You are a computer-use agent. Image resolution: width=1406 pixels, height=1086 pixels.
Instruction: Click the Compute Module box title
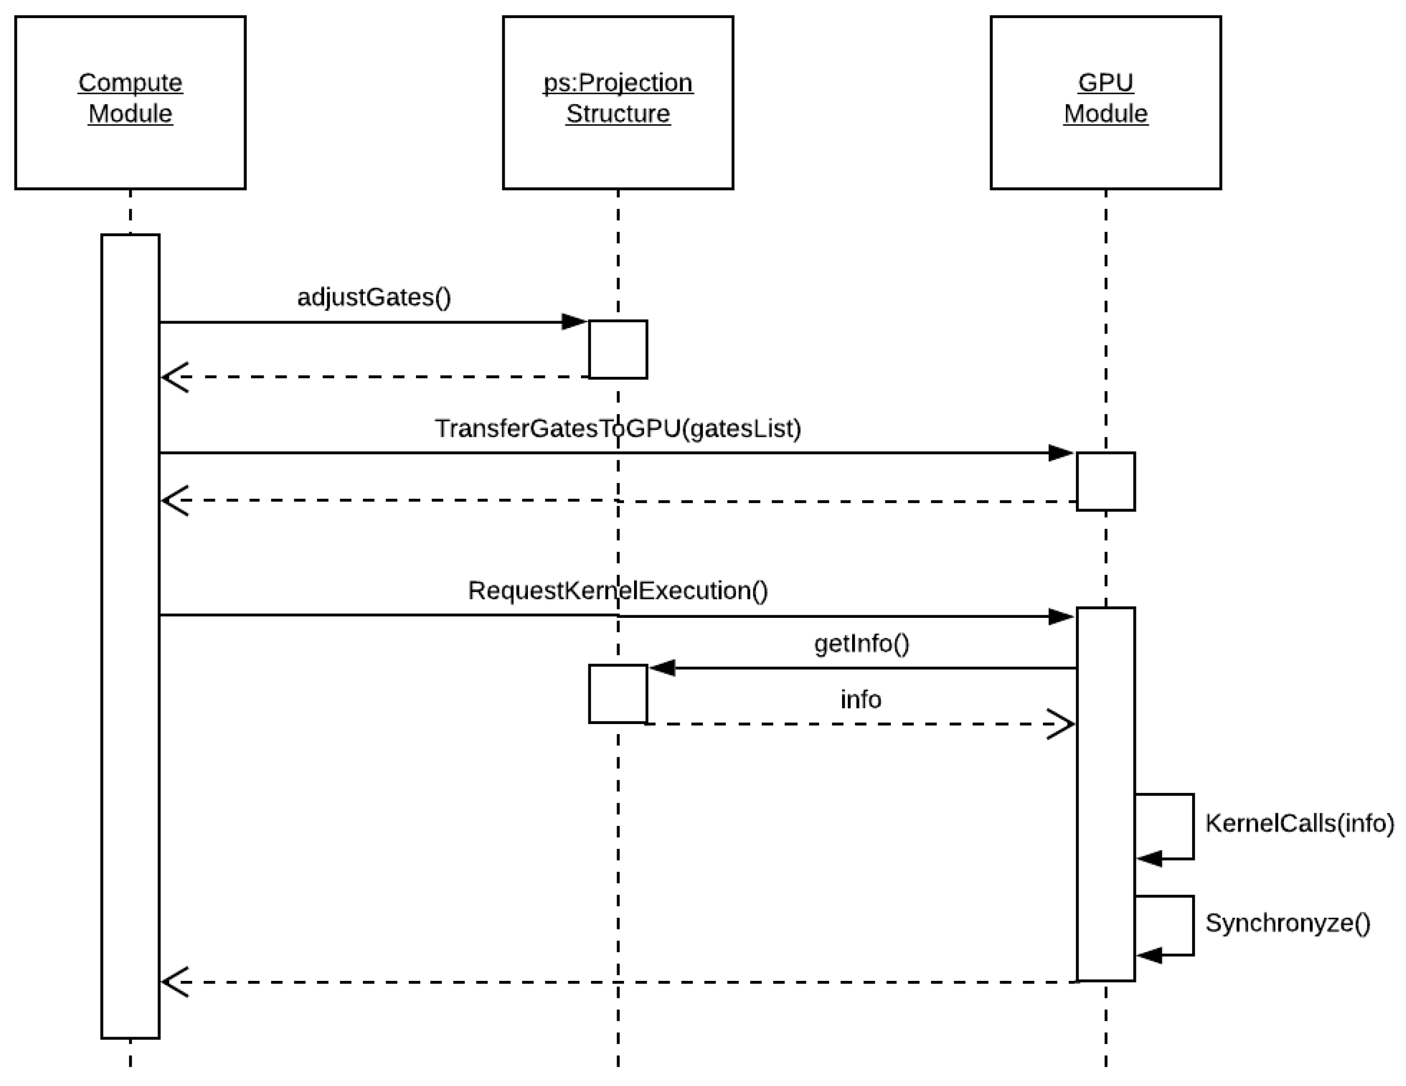pos(130,98)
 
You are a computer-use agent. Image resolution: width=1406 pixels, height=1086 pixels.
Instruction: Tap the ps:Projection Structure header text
pos(618,98)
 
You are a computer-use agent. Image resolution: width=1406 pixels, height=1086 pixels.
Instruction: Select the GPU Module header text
pos(1105,98)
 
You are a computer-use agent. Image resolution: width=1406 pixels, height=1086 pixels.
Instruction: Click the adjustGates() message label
pos(374,297)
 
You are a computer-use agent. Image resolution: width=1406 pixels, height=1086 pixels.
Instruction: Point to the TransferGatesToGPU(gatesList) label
pos(618,428)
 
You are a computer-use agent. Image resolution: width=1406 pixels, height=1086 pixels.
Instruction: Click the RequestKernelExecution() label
pos(618,590)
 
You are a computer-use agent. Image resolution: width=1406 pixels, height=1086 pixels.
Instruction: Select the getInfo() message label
pos(861,643)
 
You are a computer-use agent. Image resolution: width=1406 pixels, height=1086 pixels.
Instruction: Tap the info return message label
pos(860,699)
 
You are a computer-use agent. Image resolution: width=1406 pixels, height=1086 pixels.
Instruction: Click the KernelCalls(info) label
pos(1299,823)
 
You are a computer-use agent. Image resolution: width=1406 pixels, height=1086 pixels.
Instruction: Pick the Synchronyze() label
pos(1288,923)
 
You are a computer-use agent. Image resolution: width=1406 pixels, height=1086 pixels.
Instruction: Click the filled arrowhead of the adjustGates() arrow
pos(574,322)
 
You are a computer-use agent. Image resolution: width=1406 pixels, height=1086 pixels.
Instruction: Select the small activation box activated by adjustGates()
pos(618,349)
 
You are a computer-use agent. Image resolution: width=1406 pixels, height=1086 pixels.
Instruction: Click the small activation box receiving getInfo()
pos(618,694)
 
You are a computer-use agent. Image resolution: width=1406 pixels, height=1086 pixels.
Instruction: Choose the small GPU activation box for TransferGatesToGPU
pos(1105,481)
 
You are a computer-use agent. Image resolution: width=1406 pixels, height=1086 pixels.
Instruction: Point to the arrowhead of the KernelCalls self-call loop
pos(1149,858)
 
